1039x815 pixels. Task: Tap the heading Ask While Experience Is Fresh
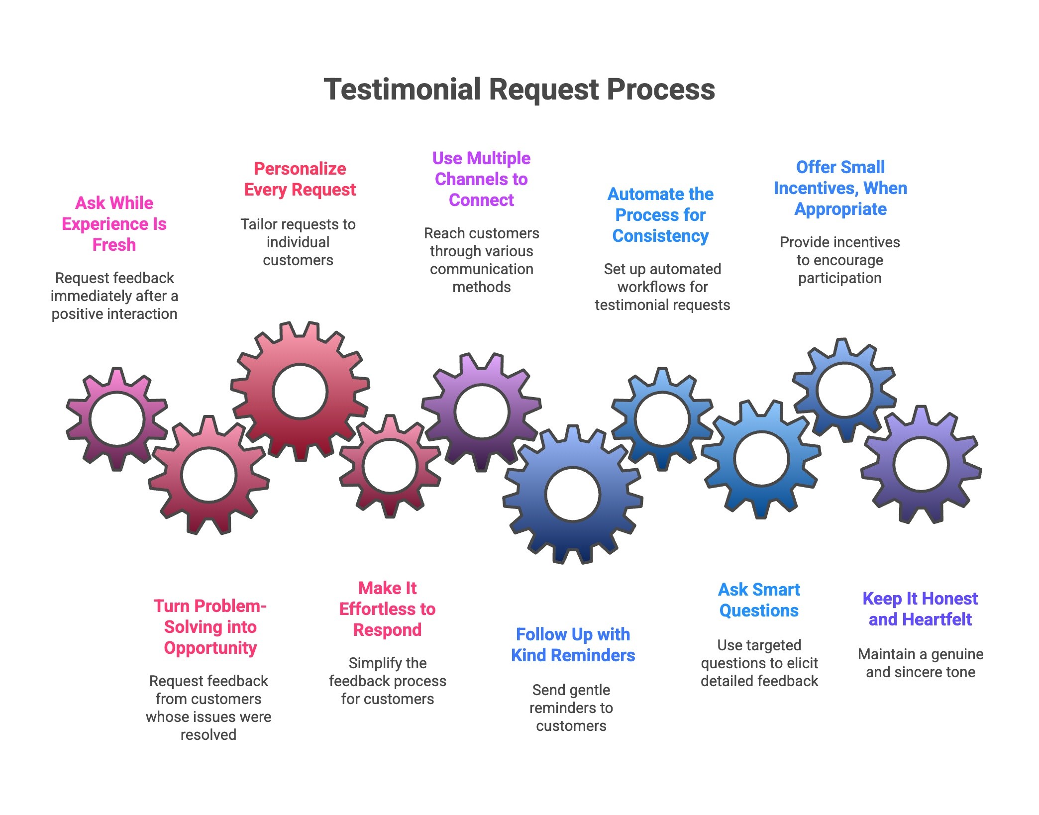tap(114, 224)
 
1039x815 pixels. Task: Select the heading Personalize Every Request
tap(300, 179)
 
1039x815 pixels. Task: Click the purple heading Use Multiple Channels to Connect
tap(481, 179)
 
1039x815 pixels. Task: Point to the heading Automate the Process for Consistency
tap(660, 215)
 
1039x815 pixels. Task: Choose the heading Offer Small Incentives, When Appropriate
tap(840, 188)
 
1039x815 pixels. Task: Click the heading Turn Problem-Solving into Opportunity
tap(210, 627)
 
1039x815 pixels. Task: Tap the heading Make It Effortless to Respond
tap(387, 609)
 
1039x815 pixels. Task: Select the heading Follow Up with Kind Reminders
tap(573, 645)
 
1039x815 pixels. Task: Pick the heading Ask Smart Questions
tap(759, 600)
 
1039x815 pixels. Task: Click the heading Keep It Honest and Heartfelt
tap(920, 609)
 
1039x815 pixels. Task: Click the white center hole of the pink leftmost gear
tap(117, 418)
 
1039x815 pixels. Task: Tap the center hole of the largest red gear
tap(300, 392)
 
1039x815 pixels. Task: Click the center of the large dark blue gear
tap(572, 494)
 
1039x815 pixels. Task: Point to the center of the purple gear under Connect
tap(481, 411)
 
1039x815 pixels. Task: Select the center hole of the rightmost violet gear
tap(921, 464)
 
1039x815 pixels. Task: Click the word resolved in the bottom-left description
tap(208, 735)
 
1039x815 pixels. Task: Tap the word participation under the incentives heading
tap(839, 278)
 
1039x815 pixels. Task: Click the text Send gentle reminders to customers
tap(571, 708)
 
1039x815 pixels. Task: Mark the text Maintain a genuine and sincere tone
tap(920, 663)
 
